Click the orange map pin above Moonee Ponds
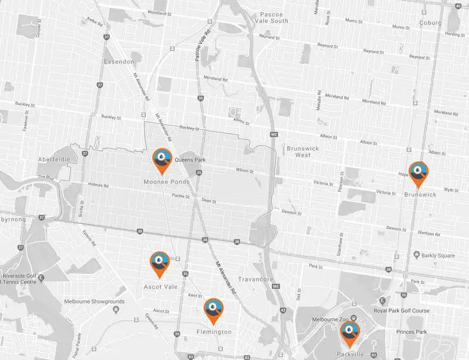pos(162,159)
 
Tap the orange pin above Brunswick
pos(419,172)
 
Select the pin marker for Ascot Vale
pos(159,262)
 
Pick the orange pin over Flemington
pos(213,310)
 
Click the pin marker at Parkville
pos(350,332)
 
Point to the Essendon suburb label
pos(118,61)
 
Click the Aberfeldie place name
pos(54,159)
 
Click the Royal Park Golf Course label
pos(404,311)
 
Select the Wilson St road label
pos(243,171)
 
